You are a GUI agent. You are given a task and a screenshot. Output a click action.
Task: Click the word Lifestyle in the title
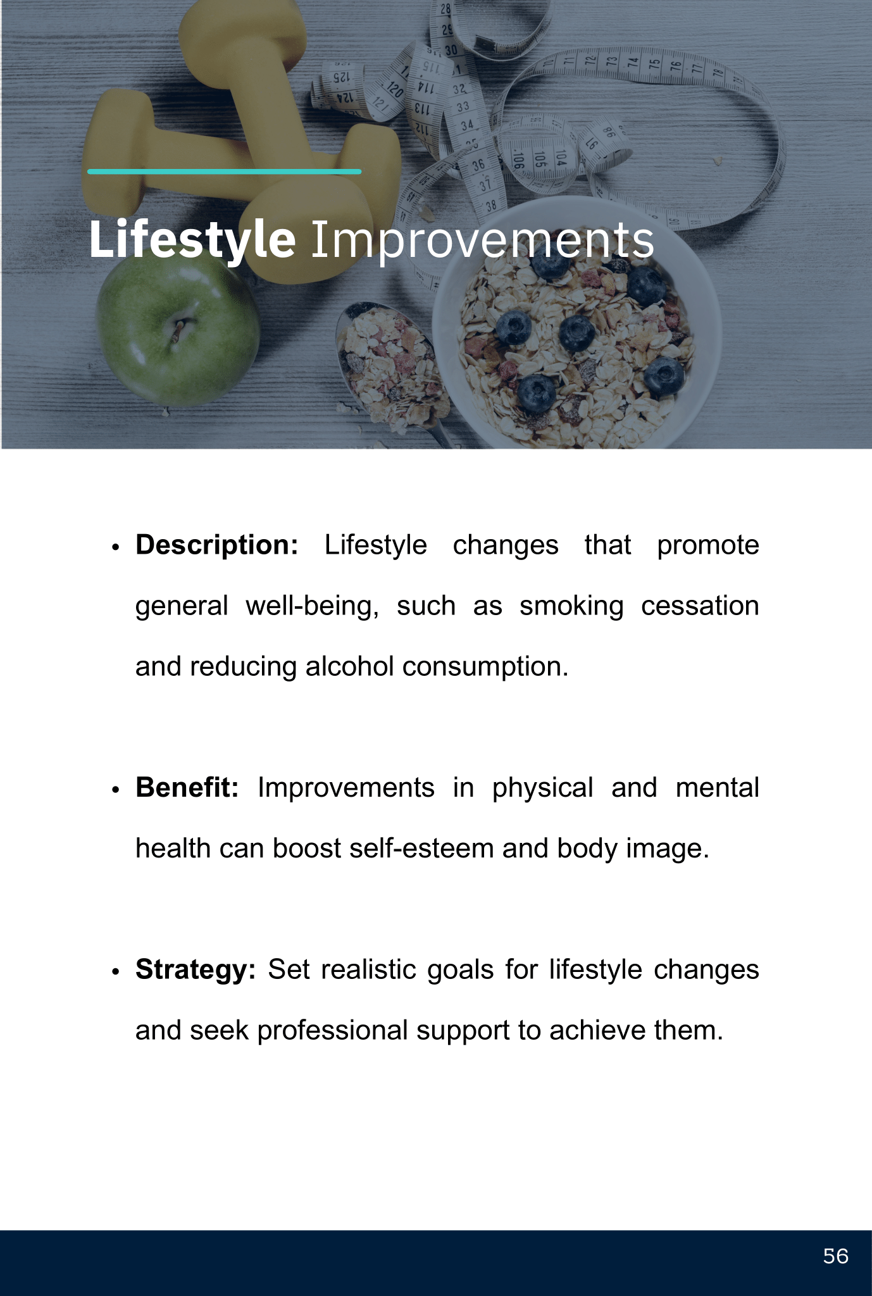tap(192, 240)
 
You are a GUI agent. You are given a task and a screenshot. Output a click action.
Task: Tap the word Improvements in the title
tap(483, 240)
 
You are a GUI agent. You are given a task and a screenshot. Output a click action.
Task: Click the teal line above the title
tap(225, 171)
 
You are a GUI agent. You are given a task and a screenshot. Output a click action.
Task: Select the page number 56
tap(836, 1256)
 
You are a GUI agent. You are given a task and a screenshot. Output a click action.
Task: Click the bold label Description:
tap(217, 545)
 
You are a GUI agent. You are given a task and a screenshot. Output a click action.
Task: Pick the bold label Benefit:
tap(187, 787)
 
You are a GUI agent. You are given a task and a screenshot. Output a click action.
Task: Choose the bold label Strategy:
tap(196, 969)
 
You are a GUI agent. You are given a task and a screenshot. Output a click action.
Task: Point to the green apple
tap(177, 329)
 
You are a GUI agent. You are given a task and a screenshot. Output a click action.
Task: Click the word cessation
tap(700, 606)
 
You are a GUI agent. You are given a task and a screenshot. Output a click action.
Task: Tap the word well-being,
tap(313, 606)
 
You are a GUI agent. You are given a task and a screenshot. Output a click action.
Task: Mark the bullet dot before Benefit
tap(115, 790)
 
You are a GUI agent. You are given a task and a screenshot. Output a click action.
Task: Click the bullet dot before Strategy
tap(115, 972)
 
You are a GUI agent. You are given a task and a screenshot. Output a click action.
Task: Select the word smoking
tap(571, 606)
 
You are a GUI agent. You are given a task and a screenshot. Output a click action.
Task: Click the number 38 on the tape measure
tap(491, 205)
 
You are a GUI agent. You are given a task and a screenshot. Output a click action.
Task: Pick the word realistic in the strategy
tap(368, 969)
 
